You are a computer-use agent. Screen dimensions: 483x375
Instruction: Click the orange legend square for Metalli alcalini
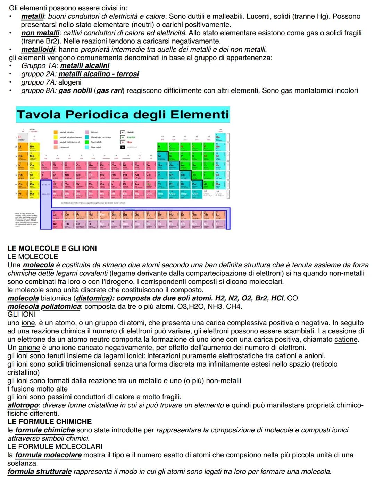(56, 132)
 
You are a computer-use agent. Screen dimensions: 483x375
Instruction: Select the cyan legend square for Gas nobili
(87, 147)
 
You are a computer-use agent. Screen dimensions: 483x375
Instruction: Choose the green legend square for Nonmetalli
(87, 142)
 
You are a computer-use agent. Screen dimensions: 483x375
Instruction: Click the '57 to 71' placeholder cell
(45, 185)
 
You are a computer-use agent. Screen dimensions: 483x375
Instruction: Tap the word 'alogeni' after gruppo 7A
(70, 82)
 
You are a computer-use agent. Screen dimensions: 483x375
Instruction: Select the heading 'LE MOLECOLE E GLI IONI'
(52, 248)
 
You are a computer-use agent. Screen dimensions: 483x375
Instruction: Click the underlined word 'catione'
(346, 340)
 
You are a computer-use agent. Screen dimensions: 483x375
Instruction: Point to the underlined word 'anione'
(29, 348)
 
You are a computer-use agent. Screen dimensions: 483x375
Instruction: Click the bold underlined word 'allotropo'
(23, 405)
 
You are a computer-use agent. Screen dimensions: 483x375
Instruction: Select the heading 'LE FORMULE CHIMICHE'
(50, 422)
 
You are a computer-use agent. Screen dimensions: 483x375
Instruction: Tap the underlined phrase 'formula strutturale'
(40, 472)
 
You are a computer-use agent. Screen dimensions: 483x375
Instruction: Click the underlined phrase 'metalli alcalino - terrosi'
(99, 74)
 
